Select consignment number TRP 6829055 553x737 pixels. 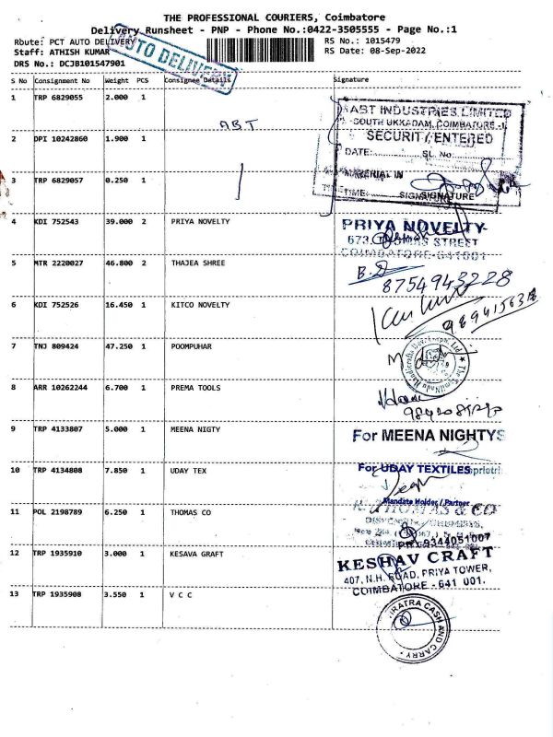click(59, 98)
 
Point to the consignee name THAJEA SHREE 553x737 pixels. click(198, 263)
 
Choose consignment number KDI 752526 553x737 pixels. click(58, 305)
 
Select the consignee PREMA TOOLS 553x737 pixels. click(196, 388)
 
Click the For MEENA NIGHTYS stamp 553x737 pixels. click(429, 435)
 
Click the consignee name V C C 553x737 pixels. click(182, 595)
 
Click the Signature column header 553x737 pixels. click(350, 80)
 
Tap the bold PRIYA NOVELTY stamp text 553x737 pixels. click(413, 226)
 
